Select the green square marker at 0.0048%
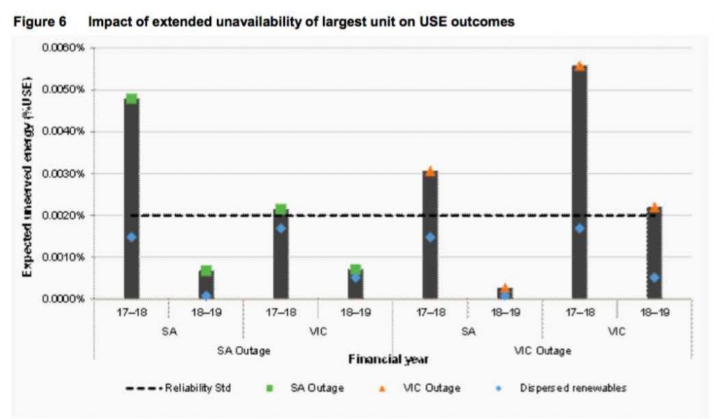click(x=131, y=98)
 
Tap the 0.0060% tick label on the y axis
click(x=63, y=48)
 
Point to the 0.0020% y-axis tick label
click(x=63, y=215)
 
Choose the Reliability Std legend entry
click(x=178, y=388)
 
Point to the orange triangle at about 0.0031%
click(x=430, y=171)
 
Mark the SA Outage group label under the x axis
click(x=243, y=351)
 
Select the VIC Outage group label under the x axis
click(x=542, y=351)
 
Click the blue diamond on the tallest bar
click(x=579, y=228)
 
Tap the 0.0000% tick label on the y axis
click(x=63, y=299)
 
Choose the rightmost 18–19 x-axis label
click(x=654, y=313)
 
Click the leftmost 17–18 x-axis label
click(x=131, y=313)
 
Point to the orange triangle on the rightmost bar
click(x=654, y=208)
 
